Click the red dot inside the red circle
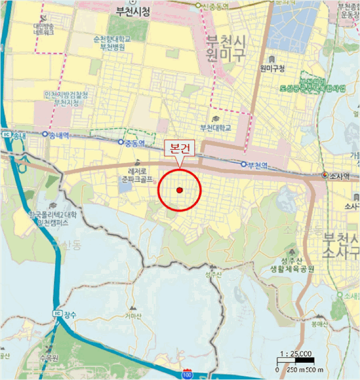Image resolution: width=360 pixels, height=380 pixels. [x=180, y=190]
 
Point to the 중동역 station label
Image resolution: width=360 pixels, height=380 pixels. [x=135, y=143]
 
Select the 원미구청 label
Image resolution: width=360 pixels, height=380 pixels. [x=273, y=68]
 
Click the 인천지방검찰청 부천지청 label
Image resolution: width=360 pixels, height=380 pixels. [x=66, y=98]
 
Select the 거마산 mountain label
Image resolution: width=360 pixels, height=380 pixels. [x=133, y=315]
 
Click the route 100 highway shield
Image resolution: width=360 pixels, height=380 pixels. [x=187, y=375]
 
